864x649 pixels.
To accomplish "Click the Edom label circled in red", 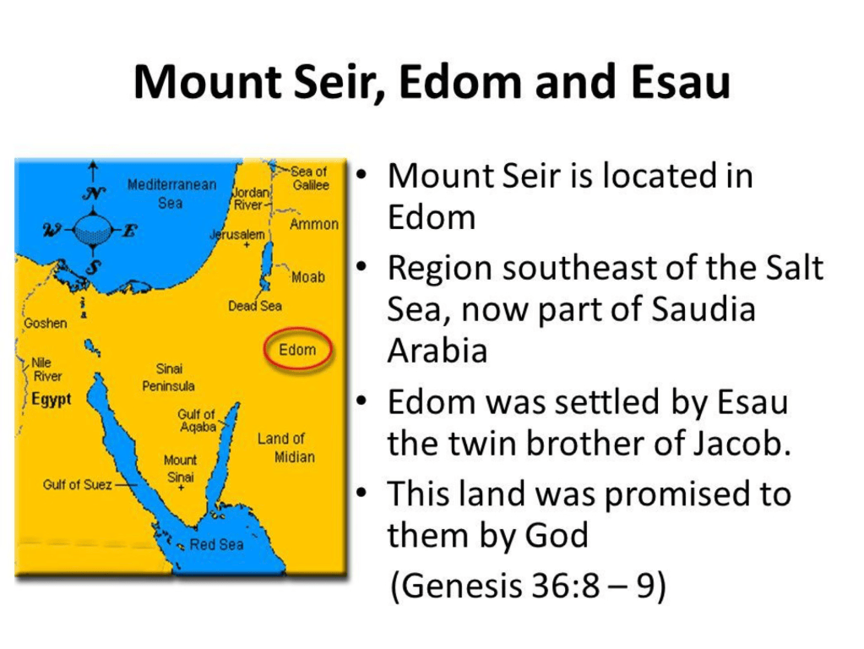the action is [x=297, y=350].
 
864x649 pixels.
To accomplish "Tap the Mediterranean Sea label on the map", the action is [x=171, y=194].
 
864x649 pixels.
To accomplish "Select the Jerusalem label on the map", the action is [x=237, y=235].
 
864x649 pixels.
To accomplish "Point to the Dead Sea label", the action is [x=255, y=305].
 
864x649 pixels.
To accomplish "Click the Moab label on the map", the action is [x=308, y=277].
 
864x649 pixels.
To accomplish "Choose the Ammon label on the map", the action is [x=314, y=224].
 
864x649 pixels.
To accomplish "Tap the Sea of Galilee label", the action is [x=310, y=178].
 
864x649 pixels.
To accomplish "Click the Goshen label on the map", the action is [x=45, y=323].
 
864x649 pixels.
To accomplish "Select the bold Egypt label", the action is [x=52, y=399].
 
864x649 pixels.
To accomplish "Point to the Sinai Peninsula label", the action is [x=169, y=377].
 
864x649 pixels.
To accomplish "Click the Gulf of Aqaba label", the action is [x=197, y=420].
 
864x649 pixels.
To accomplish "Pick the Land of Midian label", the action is [x=286, y=448].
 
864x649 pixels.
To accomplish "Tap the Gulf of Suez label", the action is [x=77, y=485].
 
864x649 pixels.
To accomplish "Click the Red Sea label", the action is [x=216, y=545].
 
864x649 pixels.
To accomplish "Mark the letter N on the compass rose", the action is [x=94, y=194].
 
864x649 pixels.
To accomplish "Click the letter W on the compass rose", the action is [x=54, y=229].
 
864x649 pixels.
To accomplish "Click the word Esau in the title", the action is [x=681, y=82].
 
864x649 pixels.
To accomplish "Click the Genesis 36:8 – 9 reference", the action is [x=528, y=585].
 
